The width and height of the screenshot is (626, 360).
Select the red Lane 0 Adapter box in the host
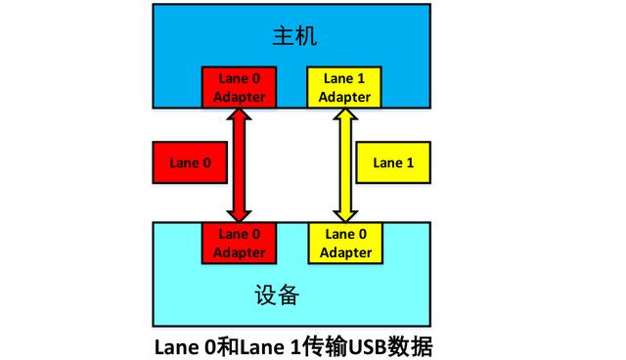(x=239, y=86)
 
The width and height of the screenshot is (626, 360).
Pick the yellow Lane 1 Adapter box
(x=344, y=86)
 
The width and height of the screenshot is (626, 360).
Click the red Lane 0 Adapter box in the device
(x=240, y=243)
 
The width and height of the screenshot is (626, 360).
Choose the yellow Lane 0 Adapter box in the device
(x=344, y=243)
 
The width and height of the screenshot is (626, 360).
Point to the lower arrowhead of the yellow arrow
(x=344, y=213)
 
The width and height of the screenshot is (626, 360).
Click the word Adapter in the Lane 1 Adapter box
(x=344, y=96)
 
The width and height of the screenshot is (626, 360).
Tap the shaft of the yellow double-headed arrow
(x=344, y=163)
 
